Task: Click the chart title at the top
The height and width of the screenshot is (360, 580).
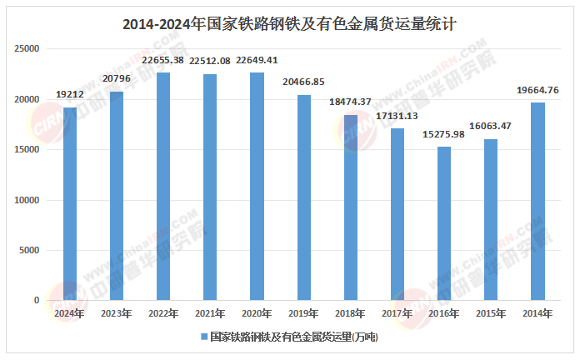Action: [289, 24]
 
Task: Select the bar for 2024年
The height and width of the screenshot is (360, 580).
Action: [70, 204]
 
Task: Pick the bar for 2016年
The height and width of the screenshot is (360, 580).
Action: [444, 223]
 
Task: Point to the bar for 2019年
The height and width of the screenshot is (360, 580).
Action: [304, 197]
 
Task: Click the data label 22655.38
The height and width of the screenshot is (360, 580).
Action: [163, 61]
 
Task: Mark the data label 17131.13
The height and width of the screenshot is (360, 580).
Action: [397, 116]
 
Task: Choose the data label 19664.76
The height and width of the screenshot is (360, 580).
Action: [537, 91]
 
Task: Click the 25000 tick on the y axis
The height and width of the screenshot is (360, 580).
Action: [28, 49]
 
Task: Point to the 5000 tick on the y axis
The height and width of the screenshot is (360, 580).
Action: [31, 250]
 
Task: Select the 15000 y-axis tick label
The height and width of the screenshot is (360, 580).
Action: [28, 150]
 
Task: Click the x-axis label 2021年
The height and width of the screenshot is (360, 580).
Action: [210, 313]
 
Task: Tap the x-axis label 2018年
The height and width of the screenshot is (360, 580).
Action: [351, 313]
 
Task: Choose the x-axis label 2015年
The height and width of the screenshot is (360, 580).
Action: [491, 313]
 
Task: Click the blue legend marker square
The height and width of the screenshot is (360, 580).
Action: [204, 337]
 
